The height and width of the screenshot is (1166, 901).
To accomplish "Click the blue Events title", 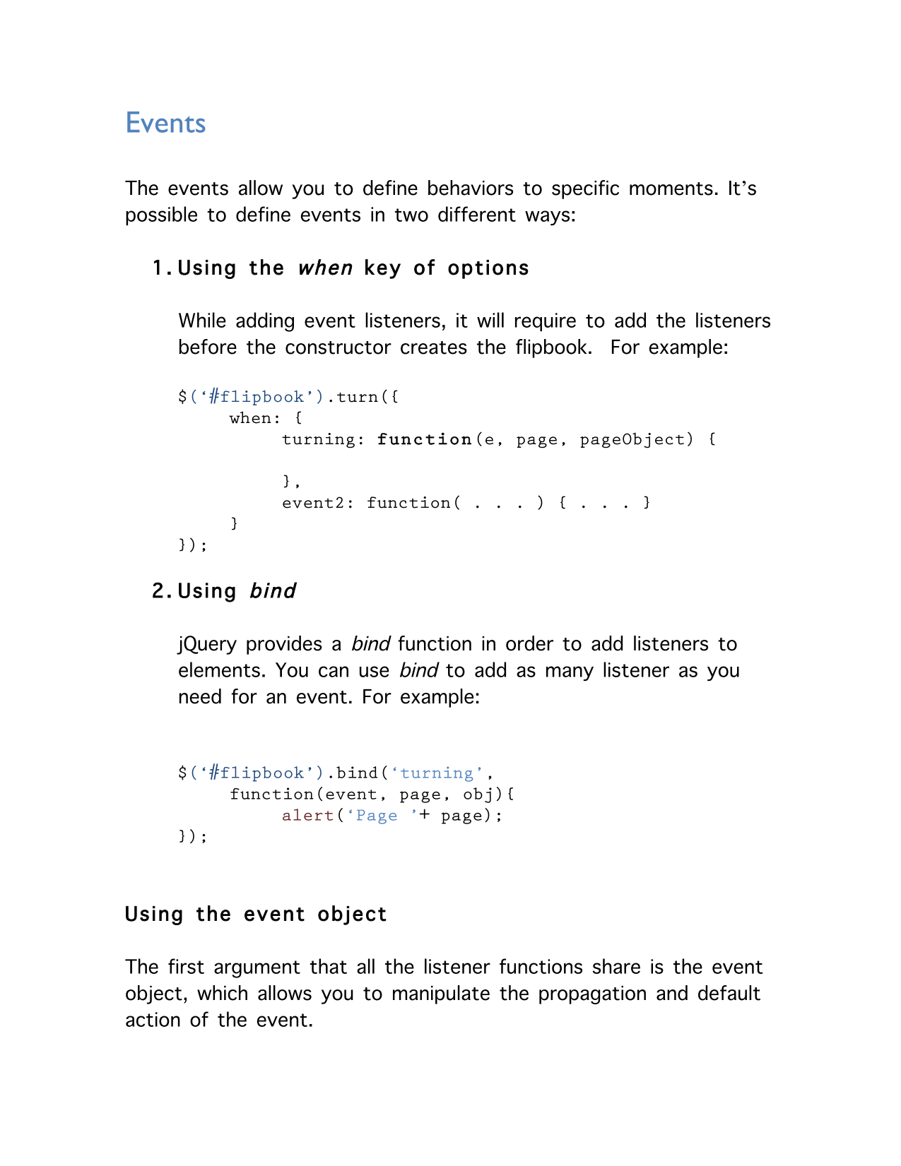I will coord(165,123).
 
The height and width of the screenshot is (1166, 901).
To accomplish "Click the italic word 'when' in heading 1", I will coord(325,268).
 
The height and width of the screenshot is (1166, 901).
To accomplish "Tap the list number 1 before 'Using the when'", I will coord(159,268).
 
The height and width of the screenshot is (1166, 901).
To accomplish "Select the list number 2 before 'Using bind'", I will coord(159,591).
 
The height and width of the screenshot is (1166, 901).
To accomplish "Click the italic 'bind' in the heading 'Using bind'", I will coord(273,591).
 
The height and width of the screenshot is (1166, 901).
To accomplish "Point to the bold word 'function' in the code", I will coord(424,439).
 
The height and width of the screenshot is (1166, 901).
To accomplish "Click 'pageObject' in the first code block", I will coord(632,439).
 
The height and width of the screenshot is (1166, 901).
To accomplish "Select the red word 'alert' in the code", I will coord(307,816).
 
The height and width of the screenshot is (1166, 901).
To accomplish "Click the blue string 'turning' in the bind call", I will coord(437,773).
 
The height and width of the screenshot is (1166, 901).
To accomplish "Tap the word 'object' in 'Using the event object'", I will coord(352,915).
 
